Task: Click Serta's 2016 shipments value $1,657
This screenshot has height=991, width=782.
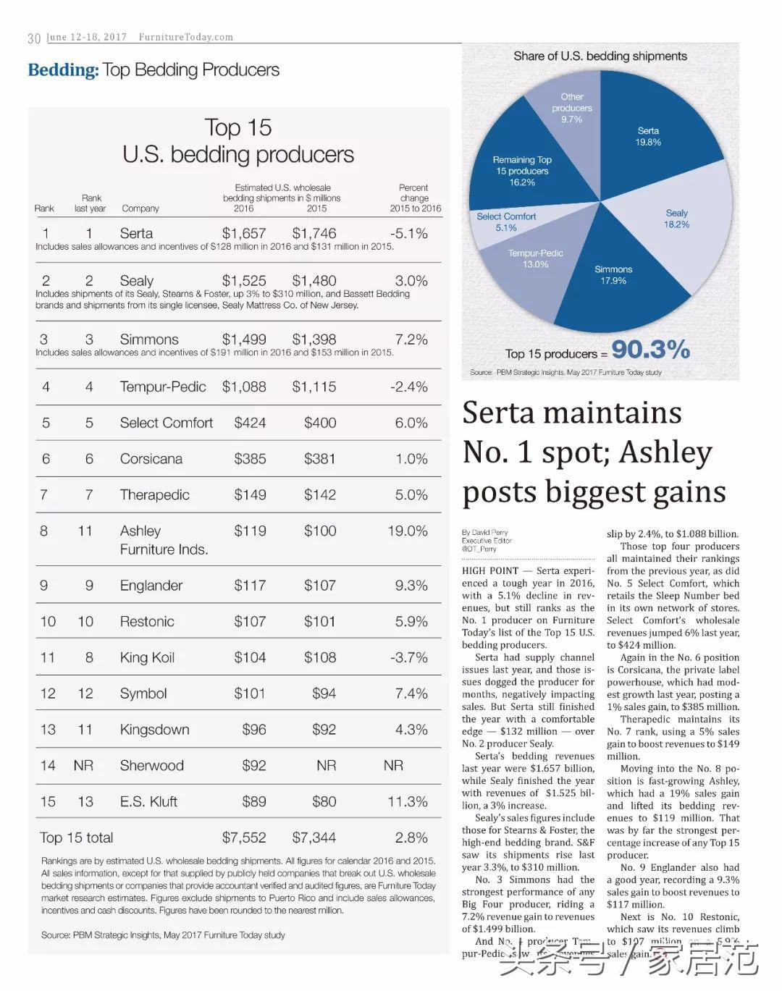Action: click(x=244, y=233)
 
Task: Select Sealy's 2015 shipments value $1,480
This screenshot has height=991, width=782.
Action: click(x=314, y=281)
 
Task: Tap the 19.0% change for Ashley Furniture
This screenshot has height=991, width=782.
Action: click(x=408, y=531)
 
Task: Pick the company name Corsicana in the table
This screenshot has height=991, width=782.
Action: click(x=151, y=459)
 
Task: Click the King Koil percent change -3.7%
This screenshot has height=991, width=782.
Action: click(x=409, y=657)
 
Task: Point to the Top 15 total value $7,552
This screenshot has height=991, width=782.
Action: click(x=244, y=838)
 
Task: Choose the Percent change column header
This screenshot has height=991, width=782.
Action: click(x=415, y=198)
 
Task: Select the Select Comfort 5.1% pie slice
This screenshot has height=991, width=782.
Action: click(x=506, y=222)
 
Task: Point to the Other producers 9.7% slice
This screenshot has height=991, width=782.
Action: click(x=571, y=108)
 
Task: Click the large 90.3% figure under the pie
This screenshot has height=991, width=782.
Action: click(x=650, y=350)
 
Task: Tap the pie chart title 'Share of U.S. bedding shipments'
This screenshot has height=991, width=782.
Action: click(x=600, y=56)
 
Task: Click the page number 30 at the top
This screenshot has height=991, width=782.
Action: click(x=34, y=38)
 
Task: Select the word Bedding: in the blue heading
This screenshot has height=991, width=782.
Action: click(x=63, y=70)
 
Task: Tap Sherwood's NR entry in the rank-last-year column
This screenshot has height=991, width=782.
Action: click(x=84, y=765)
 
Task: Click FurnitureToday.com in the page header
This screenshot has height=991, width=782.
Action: click(x=186, y=37)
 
